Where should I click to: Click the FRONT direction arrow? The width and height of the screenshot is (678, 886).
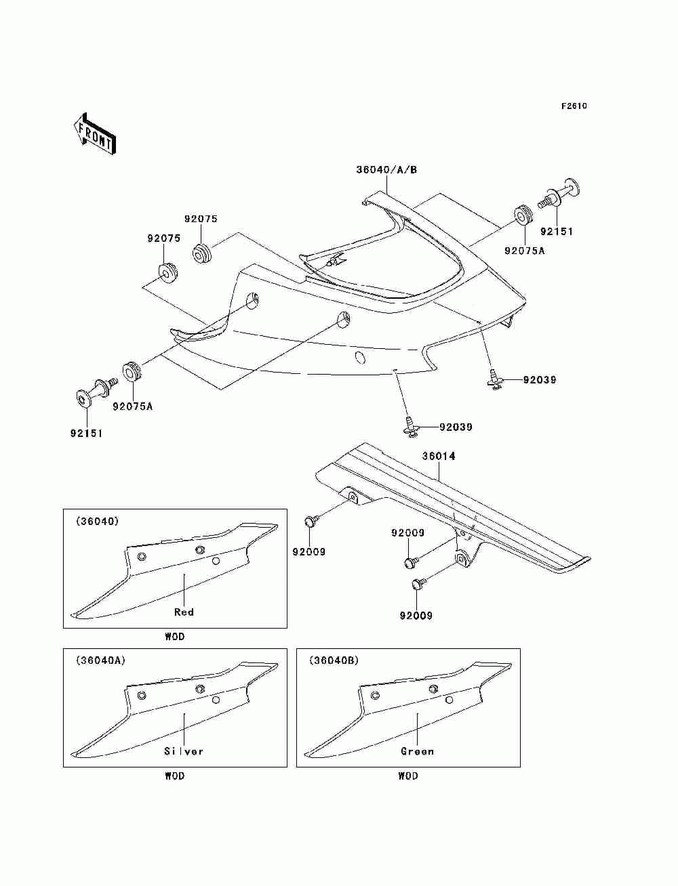[95, 134]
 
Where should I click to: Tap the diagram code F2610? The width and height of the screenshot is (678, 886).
[574, 106]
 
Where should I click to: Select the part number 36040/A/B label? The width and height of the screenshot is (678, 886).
[386, 170]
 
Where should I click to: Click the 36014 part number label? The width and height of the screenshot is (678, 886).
[439, 456]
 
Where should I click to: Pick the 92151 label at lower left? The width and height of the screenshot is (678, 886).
[87, 434]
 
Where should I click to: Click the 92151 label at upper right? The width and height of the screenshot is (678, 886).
[557, 232]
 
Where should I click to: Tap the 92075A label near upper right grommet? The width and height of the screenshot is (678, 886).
[524, 251]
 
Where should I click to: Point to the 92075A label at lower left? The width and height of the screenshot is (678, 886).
[132, 406]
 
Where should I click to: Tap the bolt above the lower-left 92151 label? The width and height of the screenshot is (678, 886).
[96, 391]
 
